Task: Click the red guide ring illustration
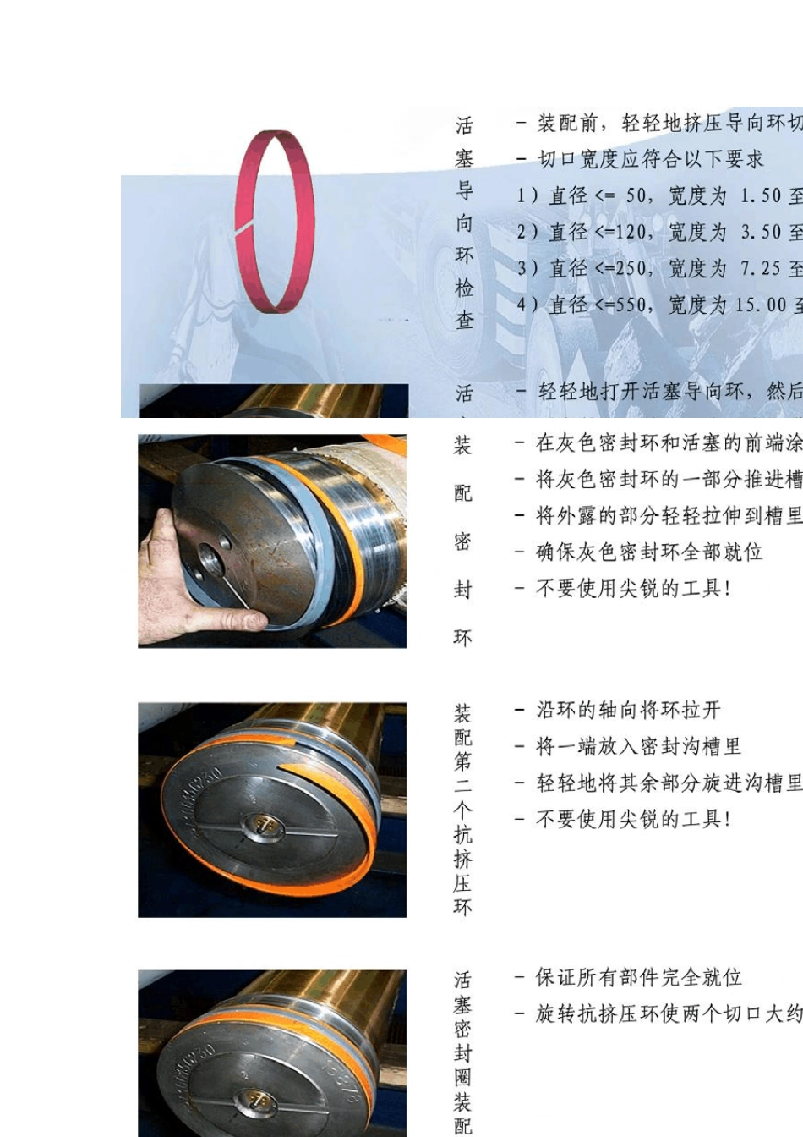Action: [275, 222]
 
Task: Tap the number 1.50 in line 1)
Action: [761, 196]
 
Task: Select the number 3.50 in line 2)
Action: [761, 233]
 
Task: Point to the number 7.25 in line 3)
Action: [761, 269]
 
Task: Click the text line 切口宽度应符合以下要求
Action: [650, 159]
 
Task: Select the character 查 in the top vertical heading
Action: [465, 321]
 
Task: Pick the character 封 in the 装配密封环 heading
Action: [462, 590]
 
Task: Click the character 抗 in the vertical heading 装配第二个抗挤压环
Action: [462, 835]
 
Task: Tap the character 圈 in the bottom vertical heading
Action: [462, 1078]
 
